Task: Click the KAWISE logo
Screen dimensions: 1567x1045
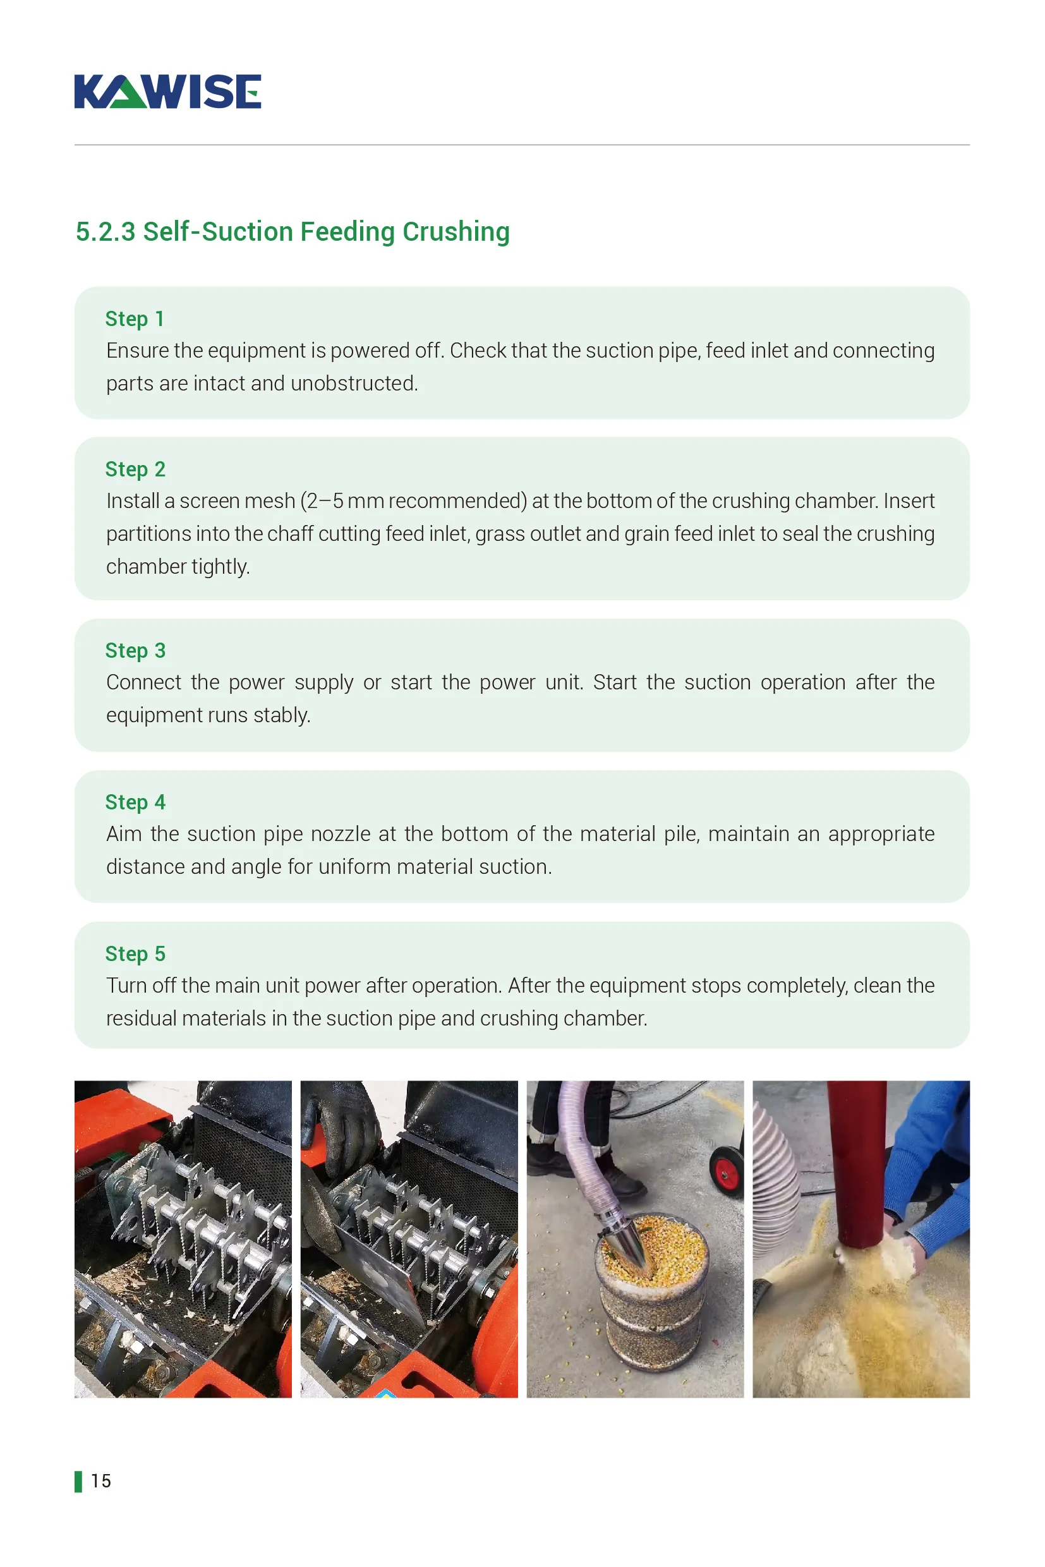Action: tap(167, 92)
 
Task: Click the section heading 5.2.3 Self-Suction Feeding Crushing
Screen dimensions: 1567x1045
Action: tap(293, 232)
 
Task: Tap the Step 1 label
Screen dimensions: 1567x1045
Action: tap(135, 318)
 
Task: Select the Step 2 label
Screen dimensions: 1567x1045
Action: tap(135, 469)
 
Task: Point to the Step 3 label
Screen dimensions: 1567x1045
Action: tap(135, 651)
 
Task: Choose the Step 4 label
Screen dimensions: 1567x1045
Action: tap(135, 802)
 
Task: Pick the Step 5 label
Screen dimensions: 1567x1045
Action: tap(135, 954)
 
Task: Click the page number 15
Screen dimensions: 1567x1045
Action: tap(100, 1481)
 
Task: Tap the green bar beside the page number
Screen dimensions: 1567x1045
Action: tap(78, 1482)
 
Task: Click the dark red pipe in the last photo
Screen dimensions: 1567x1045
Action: tap(857, 1159)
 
